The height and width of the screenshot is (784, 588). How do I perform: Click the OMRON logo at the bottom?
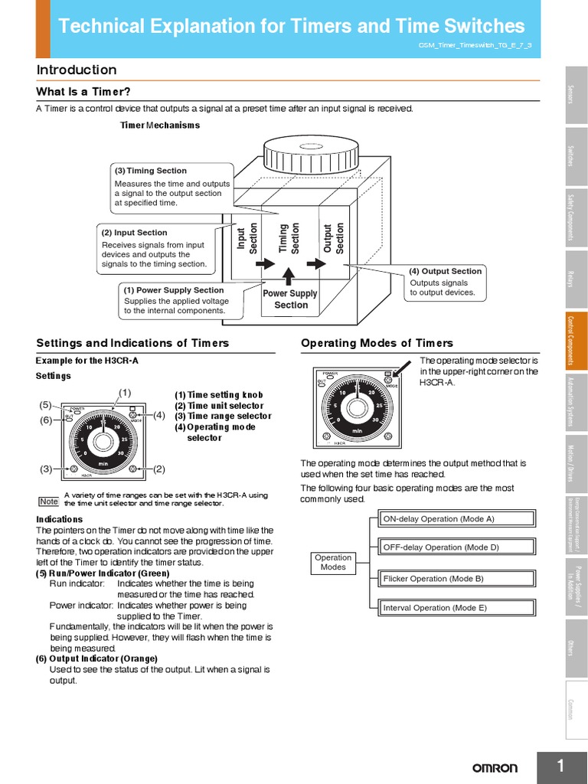click(x=494, y=767)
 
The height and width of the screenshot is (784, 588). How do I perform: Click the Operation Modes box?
click(x=333, y=563)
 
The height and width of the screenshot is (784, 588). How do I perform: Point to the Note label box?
click(x=48, y=501)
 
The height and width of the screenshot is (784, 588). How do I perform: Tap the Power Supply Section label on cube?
click(x=290, y=299)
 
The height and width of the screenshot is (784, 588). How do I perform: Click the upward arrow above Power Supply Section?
click(x=288, y=275)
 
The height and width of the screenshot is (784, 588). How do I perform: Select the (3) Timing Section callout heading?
click(x=151, y=171)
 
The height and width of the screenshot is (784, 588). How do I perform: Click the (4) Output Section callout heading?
click(x=445, y=271)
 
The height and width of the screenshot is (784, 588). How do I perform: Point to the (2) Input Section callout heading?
click(x=135, y=233)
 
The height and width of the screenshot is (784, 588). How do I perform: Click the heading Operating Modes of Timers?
click(x=377, y=343)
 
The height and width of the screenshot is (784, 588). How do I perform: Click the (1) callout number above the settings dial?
click(x=125, y=393)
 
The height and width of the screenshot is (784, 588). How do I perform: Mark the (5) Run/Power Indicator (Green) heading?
click(x=103, y=573)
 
